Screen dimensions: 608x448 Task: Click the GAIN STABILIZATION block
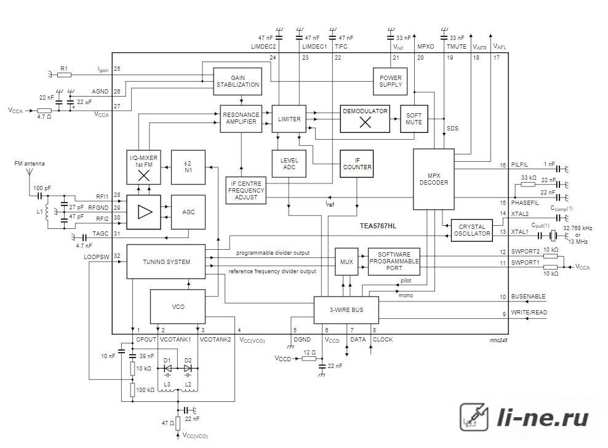point(238,81)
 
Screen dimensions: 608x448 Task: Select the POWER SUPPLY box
point(390,81)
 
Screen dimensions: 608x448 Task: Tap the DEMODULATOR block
point(365,119)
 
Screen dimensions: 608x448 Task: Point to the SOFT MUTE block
point(414,119)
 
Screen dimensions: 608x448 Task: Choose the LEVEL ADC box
point(289,164)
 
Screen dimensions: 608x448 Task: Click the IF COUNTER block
point(357,164)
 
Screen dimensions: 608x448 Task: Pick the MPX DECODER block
point(433,179)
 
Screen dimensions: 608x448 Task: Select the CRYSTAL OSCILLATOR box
point(472,230)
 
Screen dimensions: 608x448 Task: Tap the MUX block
point(346,262)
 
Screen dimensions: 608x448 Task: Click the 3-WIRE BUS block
point(346,310)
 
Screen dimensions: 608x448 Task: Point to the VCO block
point(178,307)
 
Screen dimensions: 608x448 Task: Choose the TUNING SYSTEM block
point(166,262)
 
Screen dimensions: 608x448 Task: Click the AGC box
point(188,212)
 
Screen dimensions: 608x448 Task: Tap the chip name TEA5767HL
point(378,226)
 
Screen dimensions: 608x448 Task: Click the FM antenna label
point(30,164)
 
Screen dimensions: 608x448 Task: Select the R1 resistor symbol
point(65,75)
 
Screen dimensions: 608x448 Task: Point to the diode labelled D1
point(167,368)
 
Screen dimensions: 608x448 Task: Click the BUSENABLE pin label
point(528,297)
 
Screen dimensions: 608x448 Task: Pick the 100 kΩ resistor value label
point(145,390)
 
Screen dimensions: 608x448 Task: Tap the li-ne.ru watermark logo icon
point(474,417)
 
